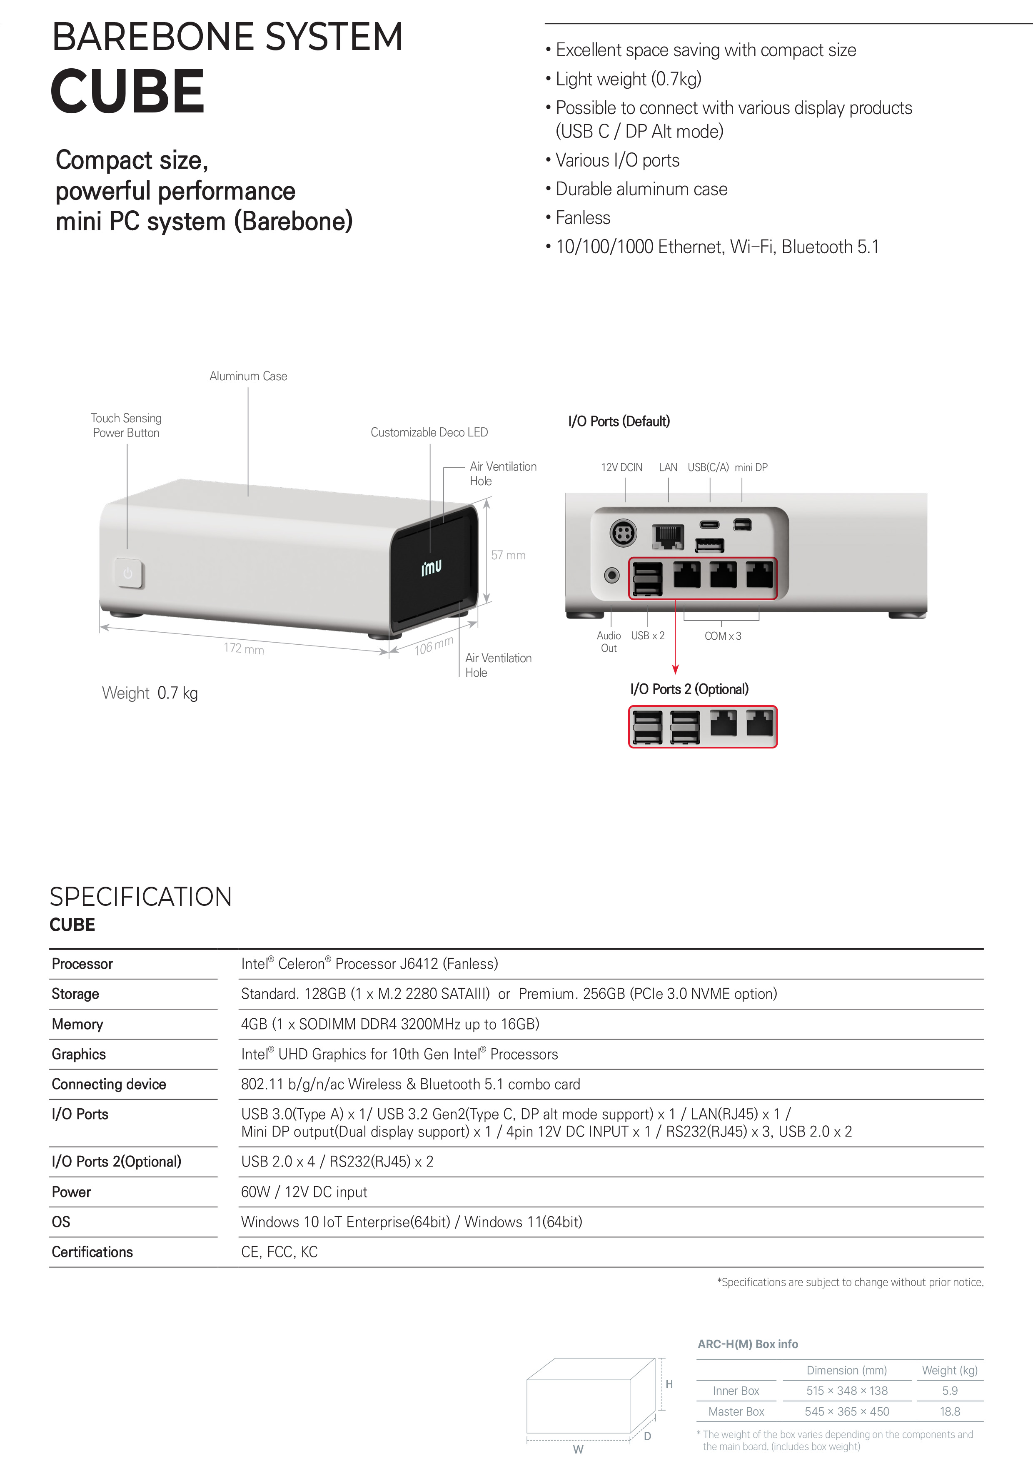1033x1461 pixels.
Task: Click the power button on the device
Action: click(x=129, y=573)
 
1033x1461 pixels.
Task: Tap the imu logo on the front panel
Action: click(x=431, y=567)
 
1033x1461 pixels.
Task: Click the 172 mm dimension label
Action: click(x=243, y=648)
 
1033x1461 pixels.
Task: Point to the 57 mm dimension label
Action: click(x=508, y=555)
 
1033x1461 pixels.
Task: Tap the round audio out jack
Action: click(x=611, y=575)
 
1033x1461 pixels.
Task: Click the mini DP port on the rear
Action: click(x=743, y=524)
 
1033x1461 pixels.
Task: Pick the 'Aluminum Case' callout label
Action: click(x=248, y=376)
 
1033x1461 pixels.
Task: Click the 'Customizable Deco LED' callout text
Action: click(x=429, y=432)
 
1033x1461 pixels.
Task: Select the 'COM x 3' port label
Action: click(x=722, y=636)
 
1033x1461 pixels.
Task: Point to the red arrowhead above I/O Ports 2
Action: click(x=675, y=669)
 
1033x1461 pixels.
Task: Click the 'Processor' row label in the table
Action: click(x=82, y=963)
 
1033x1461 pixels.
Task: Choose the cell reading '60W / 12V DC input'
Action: click(x=304, y=1192)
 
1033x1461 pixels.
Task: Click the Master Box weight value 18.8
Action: click(x=950, y=1411)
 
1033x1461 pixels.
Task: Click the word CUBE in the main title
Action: click(x=127, y=92)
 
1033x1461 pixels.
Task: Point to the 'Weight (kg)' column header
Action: click(x=950, y=1370)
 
